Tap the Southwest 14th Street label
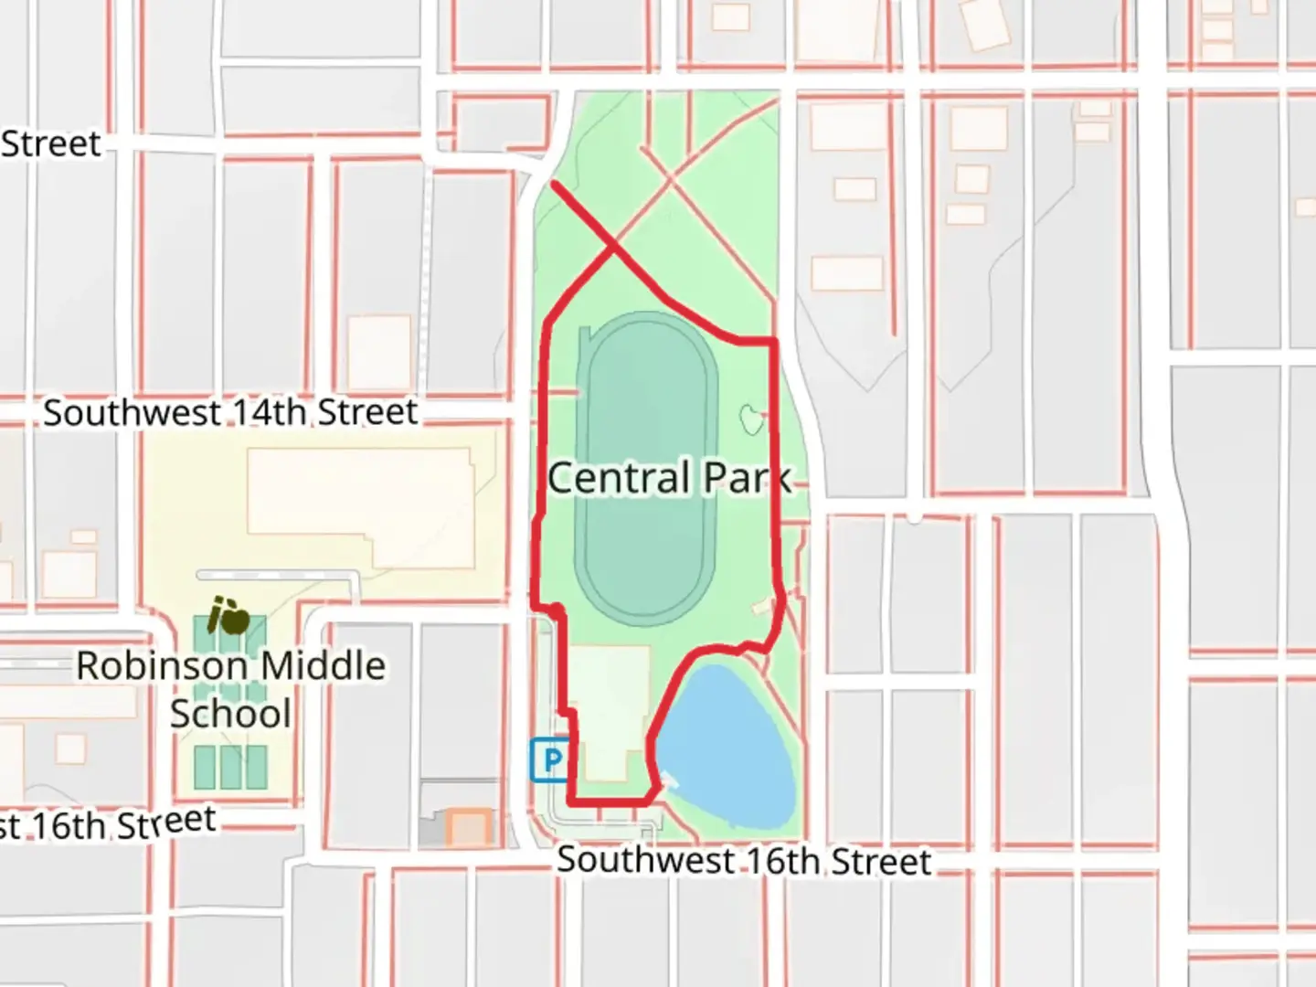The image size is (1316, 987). pos(230,412)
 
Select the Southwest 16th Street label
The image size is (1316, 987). pos(744,861)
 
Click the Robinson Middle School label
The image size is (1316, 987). pos(230,689)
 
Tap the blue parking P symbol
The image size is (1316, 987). pos(550,759)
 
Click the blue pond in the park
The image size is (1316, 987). pos(727,745)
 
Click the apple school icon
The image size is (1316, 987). pos(228,617)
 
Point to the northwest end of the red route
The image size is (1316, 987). pos(555,185)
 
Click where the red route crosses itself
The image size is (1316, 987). pos(612,245)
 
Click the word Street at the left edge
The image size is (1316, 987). pos(50,143)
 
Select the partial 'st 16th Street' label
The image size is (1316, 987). pos(108,824)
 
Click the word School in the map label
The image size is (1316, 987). pos(230,714)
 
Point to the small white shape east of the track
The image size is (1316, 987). pos(751,419)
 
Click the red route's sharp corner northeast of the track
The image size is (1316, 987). pos(775,341)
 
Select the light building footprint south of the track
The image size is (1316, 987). pos(610,708)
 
